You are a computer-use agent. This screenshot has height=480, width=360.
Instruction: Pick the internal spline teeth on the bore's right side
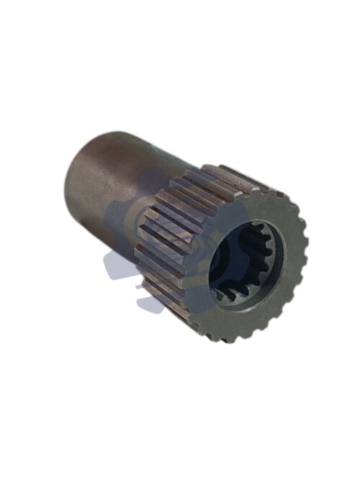[x=268, y=259]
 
